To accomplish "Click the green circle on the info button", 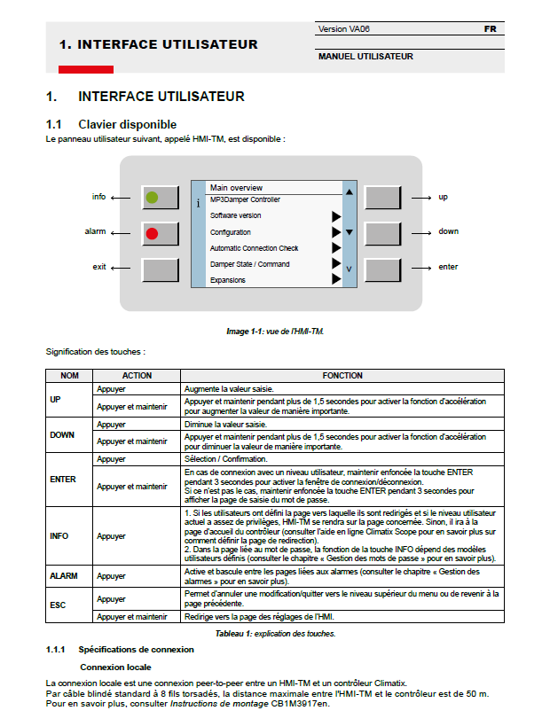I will click(x=152, y=198).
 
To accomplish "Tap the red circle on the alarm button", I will click(x=152, y=233).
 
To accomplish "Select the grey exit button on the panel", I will click(x=160, y=268).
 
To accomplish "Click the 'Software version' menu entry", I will click(x=235, y=215).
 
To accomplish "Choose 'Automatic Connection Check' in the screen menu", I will click(x=254, y=248).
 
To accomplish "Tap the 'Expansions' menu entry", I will click(x=228, y=280).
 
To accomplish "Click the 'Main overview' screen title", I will click(x=236, y=188).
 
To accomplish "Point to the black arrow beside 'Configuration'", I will click(x=336, y=232).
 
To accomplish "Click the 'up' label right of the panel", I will click(x=443, y=197).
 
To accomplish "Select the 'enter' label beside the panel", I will click(x=448, y=267).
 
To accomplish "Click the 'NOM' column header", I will click(x=69, y=376).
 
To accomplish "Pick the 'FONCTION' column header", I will click(x=342, y=376).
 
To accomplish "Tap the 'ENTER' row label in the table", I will click(x=63, y=480).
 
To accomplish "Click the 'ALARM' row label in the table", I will click(x=64, y=576).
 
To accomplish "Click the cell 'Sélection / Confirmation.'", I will click(x=225, y=459).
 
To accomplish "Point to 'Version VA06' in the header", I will click(x=344, y=29).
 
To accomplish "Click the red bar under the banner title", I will click(x=86, y=69).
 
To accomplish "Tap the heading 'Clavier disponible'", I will click(x=127, y=124).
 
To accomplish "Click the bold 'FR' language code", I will click(x=490, y=29).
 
